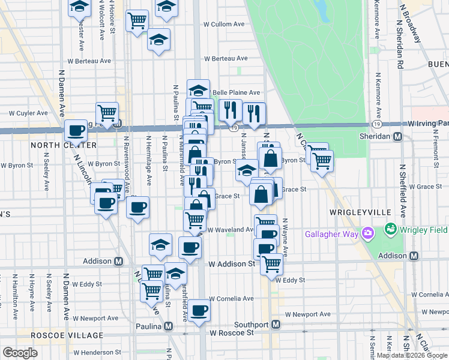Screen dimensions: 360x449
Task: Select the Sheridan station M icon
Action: click(397, 137)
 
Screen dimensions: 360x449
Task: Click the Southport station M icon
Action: click(276, 325)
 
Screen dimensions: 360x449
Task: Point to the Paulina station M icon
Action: click(169, 326)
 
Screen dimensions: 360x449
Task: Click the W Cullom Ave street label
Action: click(224, 25)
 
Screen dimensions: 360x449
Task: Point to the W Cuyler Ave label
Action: click(28, 113)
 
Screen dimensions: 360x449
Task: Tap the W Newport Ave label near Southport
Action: click(308, 314)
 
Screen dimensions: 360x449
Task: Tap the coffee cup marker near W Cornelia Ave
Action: click(200, 310)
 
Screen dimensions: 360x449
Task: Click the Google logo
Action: click(20, 353)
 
